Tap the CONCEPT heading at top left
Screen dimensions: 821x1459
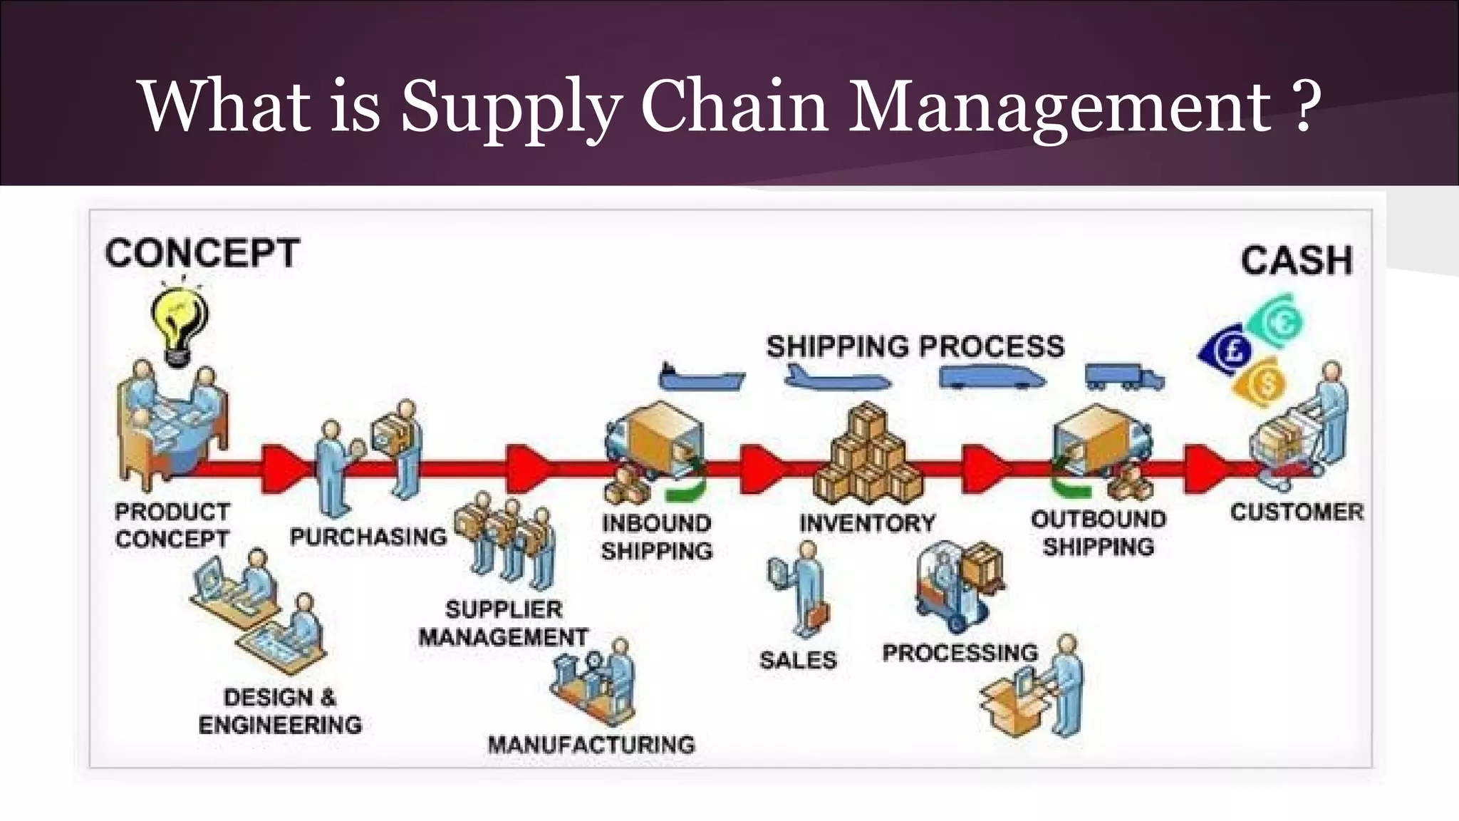click(x=202, y=254)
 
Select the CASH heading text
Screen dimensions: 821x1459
click(x=1296, y=260)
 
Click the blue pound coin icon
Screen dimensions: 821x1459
click(x=1226, y=348)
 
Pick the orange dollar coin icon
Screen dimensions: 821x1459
click(x=1262, y=384)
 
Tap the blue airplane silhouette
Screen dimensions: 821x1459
click(x=836, y=378)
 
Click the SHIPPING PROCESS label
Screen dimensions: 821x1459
click(x=915, y=347)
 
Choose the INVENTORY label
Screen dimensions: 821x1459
click(x=867, y=524)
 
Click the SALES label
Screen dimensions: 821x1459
click(x=798, y=660)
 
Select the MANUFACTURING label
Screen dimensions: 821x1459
click(x=591, y=745)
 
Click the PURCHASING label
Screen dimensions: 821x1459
click(x=368, y=537)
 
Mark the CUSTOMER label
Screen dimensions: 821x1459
click(x=1297, y=512)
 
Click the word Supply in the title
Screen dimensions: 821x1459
click(x=510, y=107)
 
